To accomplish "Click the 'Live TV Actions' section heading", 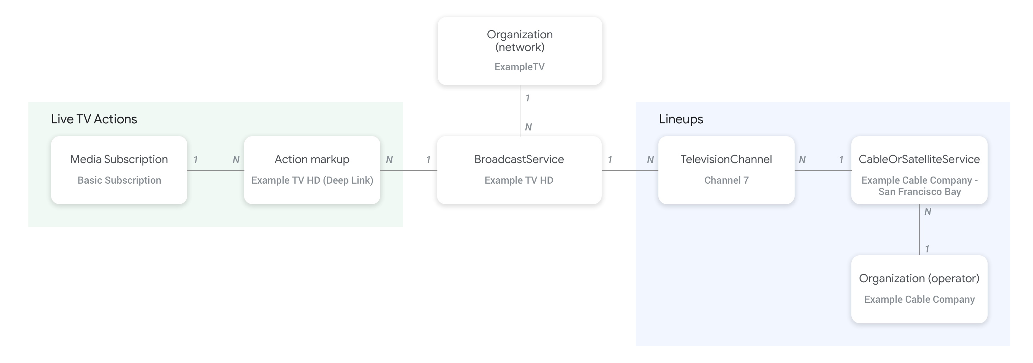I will (94, 119).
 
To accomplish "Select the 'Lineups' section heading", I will (681, 119).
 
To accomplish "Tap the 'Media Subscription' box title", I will (119, 159).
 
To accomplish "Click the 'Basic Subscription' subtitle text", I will (119, 180).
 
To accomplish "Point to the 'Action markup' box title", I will (311, 159).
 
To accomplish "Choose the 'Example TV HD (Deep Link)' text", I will (312, 180).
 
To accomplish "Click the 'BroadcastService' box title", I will (519, 159).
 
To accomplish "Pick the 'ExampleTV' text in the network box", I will (519, 67).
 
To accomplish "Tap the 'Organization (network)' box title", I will (520, 40).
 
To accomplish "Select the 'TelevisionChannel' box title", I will (726, 159).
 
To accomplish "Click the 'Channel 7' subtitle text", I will (726, 180).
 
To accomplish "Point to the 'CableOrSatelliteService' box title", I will (919, 159).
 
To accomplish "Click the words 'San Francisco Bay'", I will (919, 192).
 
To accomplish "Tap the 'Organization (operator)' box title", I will (919, 278).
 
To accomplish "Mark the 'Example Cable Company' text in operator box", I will (919, 299).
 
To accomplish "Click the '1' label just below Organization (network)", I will (528, 98).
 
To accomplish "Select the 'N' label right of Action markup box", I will (389, 160).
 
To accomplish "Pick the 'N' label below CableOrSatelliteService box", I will (928, 212).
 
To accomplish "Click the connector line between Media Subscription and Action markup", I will (215, 171).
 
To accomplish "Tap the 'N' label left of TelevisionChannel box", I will (650, 160).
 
